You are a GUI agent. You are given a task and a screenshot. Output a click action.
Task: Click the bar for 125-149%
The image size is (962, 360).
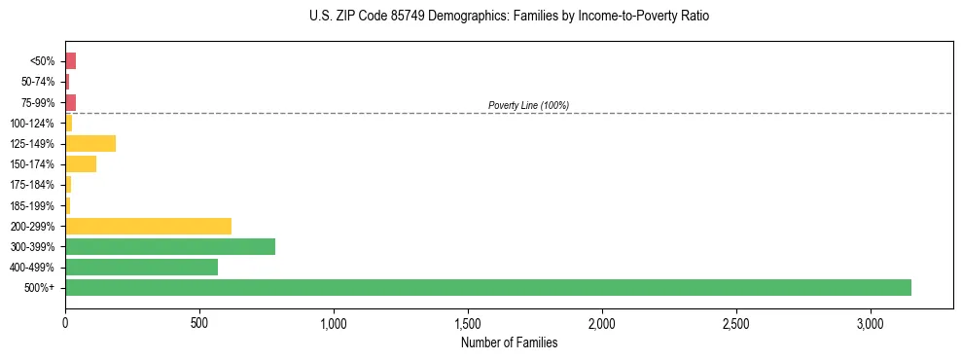90,144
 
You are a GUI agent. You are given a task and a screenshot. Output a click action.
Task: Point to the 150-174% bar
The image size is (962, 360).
81,164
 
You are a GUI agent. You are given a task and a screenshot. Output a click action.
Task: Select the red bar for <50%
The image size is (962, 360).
70,61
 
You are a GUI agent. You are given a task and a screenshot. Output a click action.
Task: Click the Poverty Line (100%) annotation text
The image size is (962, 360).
528,105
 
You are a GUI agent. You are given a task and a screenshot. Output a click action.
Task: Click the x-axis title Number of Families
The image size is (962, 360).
509,342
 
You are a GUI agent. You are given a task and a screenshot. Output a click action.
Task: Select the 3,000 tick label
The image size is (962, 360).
871,322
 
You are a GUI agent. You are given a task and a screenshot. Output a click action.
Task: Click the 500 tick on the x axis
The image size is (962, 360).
199,322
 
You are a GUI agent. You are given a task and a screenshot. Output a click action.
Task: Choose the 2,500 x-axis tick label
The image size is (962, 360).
736,322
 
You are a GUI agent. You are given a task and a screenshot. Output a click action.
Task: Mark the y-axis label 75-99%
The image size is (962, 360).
38,102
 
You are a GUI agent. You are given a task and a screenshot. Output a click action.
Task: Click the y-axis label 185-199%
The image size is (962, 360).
33,205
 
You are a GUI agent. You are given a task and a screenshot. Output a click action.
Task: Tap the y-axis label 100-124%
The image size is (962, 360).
33,124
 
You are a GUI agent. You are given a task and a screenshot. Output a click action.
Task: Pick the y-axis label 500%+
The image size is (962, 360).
41,288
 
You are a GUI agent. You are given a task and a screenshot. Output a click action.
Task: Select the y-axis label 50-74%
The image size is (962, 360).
38,82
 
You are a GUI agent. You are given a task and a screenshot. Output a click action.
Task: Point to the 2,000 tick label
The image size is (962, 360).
602,322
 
